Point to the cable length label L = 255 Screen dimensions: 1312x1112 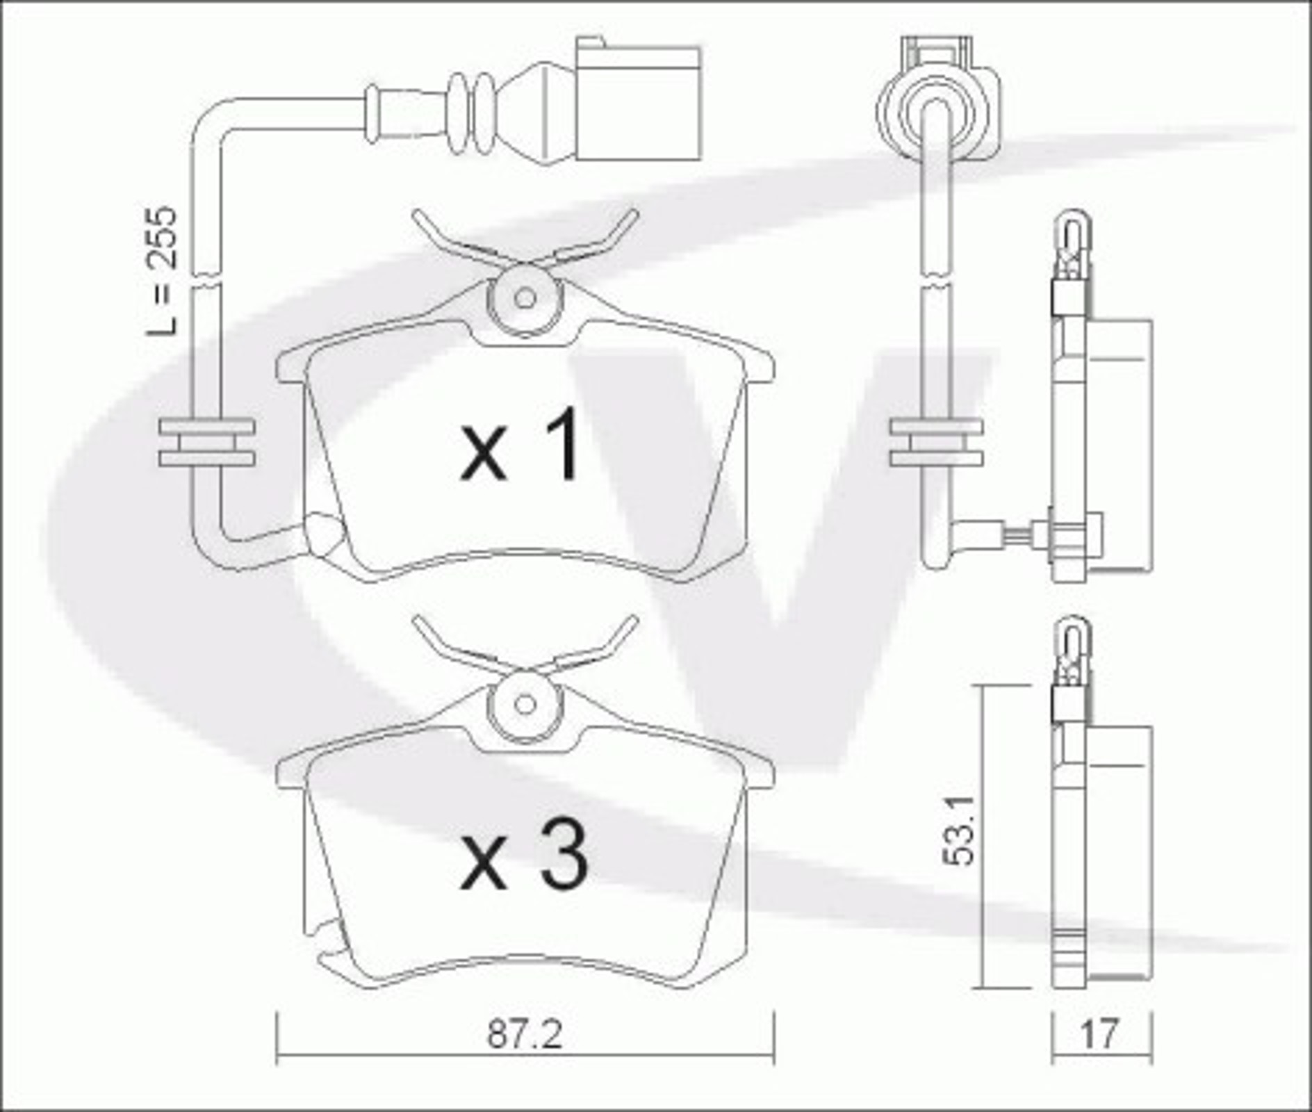pos(162,270)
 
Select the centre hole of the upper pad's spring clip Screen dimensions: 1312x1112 pos(525,299)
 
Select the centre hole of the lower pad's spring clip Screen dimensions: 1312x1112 pos(525,705)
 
